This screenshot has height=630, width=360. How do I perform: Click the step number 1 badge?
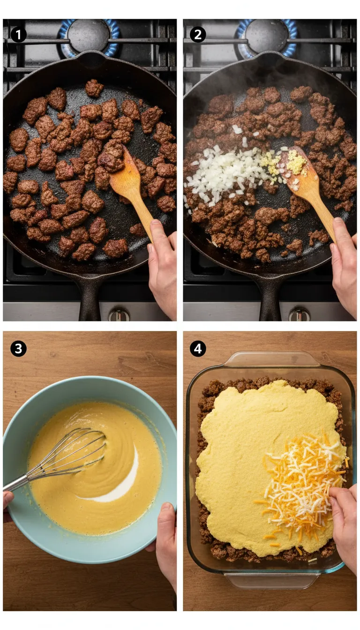(x=18, y=34)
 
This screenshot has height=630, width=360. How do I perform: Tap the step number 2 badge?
(x=198, y=34)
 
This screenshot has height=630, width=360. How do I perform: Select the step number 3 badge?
(x=18, y=348)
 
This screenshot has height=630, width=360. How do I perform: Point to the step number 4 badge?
(x=198, y=348)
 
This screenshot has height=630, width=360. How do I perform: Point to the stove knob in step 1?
(x=119, y=315)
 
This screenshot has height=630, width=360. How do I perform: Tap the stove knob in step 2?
(x=299, y=315)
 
